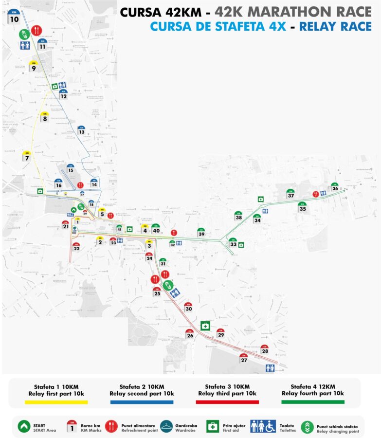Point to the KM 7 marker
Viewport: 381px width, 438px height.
coord(26,156)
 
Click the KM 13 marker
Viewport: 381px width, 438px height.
coord(81,130)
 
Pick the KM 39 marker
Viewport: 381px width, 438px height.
coord(201,233)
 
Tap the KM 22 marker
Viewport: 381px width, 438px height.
coord(76,247)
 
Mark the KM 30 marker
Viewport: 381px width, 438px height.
coord(189,307)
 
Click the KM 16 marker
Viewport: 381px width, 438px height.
coord(58,184)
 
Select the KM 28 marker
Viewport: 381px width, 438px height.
coord(265,349)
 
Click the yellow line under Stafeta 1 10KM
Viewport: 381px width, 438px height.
coord(56,402)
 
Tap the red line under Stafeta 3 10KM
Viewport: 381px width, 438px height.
coord(227,402)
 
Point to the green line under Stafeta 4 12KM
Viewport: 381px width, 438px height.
coord(312,402)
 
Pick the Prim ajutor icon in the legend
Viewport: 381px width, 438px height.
coord(213,426)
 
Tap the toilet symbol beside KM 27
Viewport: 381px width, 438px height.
coord(270,368)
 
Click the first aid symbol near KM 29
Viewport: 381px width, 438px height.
coord(205,325)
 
